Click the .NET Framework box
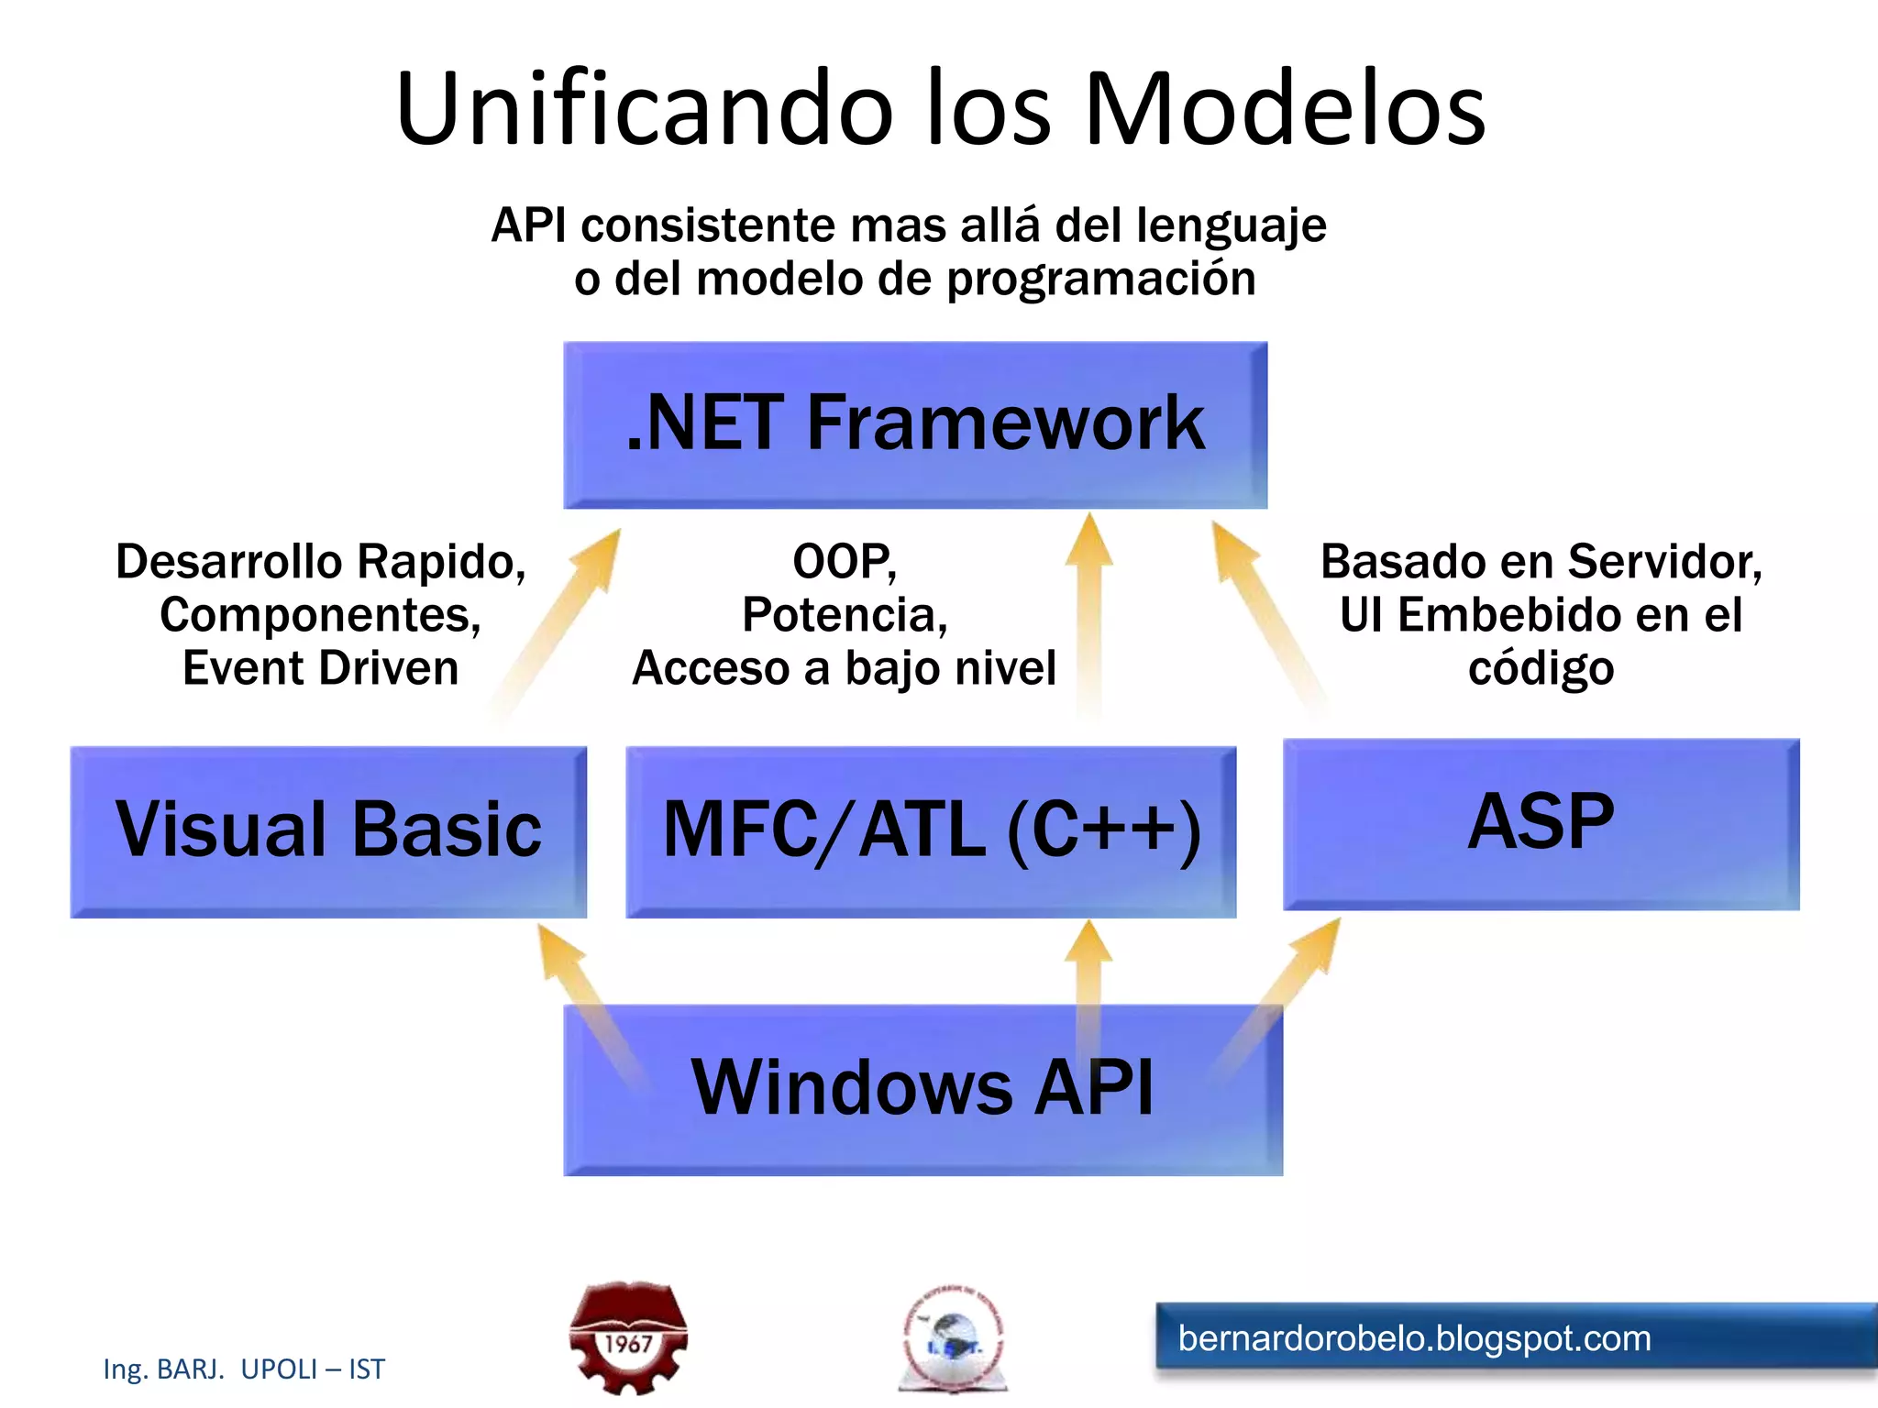pyautogui.click(x=915, y=424)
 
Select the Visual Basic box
pyautogui.click(x=328, y=830)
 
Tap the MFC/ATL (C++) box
pyautogui.click(x=931, y=830)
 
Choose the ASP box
pyautogui.click(x=1541, y=823)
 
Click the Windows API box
pyautogui.click(x=922, y=1089)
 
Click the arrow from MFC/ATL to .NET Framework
pyautogui.click(x=1089, y=614)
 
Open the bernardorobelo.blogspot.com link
pyautogui.click(x=1414, y=1338)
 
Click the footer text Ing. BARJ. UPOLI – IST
pyautogui.click(x=244, y=1369)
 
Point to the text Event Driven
pyautogui.click(x=320, y=667)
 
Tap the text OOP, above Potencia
pyautogui.click(x=845, y=561)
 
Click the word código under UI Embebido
pyautogui.click(x=1541, y=667)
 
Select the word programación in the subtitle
pyautogui.click(x=1100, y=279)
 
